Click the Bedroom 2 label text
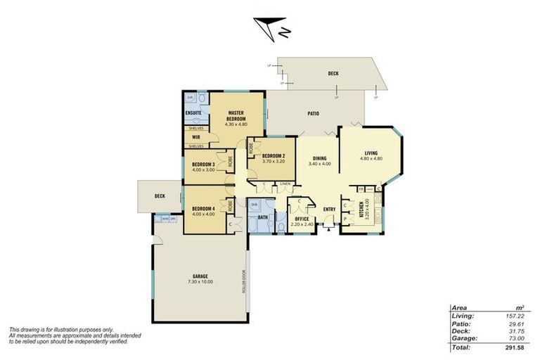point(273,156)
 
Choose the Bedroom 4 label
point(203,209)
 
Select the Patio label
point(314,112)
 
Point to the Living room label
point(371,153)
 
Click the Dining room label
point(319,159)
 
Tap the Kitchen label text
point(361,209)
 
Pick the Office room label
point(302,219)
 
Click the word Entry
point(329,209)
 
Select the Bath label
point(262,218)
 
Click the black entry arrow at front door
point(329,227)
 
